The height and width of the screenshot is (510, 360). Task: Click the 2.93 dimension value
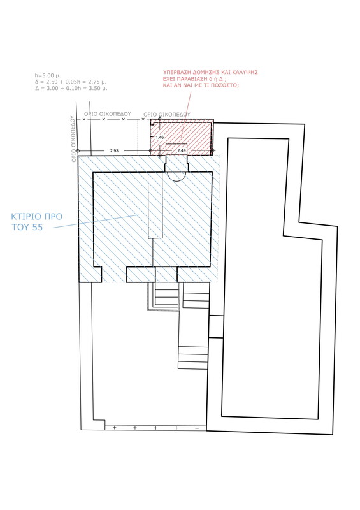coord(114,151)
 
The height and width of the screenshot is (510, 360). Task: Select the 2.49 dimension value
coord(182,150)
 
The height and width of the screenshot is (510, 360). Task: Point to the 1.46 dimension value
coord(160,137)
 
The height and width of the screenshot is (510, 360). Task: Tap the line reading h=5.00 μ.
coord(48,75)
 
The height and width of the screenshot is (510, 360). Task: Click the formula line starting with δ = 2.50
coord(71,82)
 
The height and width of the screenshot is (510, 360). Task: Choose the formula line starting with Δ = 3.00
coord(71,88)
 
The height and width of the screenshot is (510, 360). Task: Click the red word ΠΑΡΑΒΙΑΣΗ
coord(192,78)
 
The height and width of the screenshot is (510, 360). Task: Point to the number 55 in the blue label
coord(38,227)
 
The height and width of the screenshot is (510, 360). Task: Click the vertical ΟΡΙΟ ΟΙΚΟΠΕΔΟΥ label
coord(73,139)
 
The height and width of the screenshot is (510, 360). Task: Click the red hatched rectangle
coord(182,136)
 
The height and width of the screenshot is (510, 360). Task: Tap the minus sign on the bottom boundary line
coord(197,428)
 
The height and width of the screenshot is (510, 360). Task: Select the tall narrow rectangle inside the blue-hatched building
coord(155,205)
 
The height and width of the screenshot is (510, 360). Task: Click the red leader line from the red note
coord(186,113)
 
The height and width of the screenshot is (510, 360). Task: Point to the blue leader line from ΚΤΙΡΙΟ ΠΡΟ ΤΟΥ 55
coord(96,221)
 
